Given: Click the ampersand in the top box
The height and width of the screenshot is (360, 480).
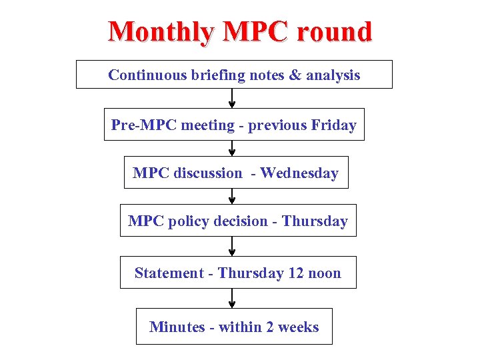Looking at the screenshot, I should point(295,75).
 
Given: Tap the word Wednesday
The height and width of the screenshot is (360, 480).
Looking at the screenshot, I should point(299,173).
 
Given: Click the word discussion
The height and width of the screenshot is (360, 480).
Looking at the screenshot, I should point(208,173).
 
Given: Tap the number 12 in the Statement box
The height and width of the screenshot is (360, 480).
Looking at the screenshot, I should point(296,273).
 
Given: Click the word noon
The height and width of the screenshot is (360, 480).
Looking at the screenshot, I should point(325,273).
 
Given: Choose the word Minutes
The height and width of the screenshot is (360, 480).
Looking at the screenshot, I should point(176,327).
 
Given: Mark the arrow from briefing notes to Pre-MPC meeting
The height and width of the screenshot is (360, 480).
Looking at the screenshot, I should point(232,98).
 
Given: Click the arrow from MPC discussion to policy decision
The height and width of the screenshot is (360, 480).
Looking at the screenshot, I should point(232,196).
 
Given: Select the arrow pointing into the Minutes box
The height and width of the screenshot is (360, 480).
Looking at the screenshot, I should point(232,298).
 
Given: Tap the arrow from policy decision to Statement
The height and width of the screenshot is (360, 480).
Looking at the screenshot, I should point(232,246).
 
